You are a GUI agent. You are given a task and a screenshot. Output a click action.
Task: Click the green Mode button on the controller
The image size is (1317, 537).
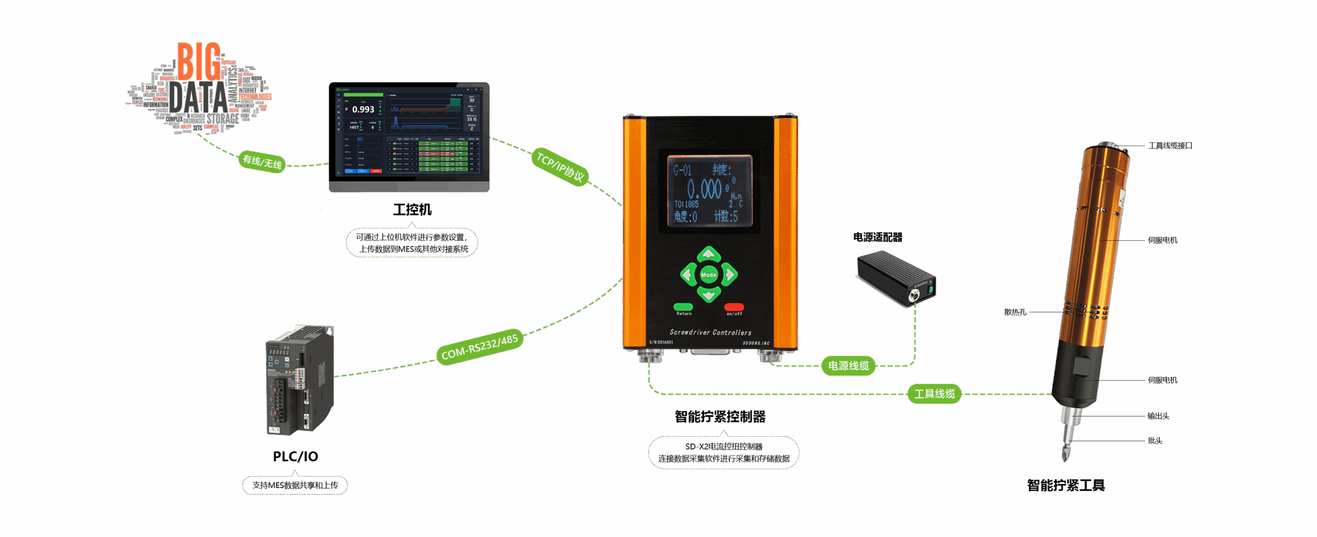click(x=708, y=275)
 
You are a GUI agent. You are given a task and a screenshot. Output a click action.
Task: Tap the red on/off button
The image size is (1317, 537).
click(x=734, y=307)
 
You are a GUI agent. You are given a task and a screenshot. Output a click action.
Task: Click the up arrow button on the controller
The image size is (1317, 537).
click(x=708, y=254)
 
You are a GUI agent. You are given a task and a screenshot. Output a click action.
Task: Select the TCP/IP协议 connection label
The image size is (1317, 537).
click(x=560, y=166)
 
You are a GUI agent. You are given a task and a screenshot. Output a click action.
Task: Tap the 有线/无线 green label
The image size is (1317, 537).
click(x=262, y=162)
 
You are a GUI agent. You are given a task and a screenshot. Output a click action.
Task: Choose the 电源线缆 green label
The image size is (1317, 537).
click(x=848, y=366)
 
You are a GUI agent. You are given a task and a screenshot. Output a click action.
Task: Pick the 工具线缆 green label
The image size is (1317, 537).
click(x=934, y=394)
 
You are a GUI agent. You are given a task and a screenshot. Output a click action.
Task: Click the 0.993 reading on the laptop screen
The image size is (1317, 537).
click(x=363, y=110)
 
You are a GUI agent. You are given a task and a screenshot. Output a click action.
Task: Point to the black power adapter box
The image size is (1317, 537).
click(x=896, y=278)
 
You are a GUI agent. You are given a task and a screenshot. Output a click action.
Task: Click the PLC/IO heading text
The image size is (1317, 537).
click(x=295, y=456)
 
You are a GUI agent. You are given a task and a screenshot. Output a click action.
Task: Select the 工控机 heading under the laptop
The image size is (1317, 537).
click(x=412, y=210)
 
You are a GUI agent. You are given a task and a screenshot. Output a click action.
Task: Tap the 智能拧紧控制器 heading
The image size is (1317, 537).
click(x=720, y=417)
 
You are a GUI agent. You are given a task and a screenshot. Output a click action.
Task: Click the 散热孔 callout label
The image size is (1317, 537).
click(x=1015, y=312)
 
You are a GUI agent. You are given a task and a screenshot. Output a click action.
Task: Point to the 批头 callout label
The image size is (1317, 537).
click(x=1154, y=441)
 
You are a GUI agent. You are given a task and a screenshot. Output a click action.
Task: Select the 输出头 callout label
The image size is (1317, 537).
click(x=1158, y=416)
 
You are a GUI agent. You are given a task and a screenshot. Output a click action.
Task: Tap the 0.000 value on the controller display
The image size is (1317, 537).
click(x=705, y=189)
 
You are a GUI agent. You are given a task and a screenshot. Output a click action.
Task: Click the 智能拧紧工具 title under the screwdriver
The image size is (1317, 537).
click(x=1065, y=486)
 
